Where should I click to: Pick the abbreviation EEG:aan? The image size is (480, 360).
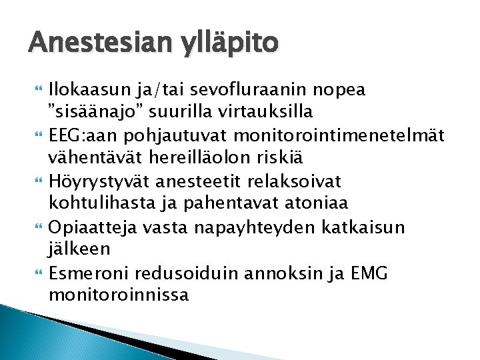pyautogui.click(x=84, y=135)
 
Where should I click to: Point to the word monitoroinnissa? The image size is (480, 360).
pyautogui.click(x=119, y=293)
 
